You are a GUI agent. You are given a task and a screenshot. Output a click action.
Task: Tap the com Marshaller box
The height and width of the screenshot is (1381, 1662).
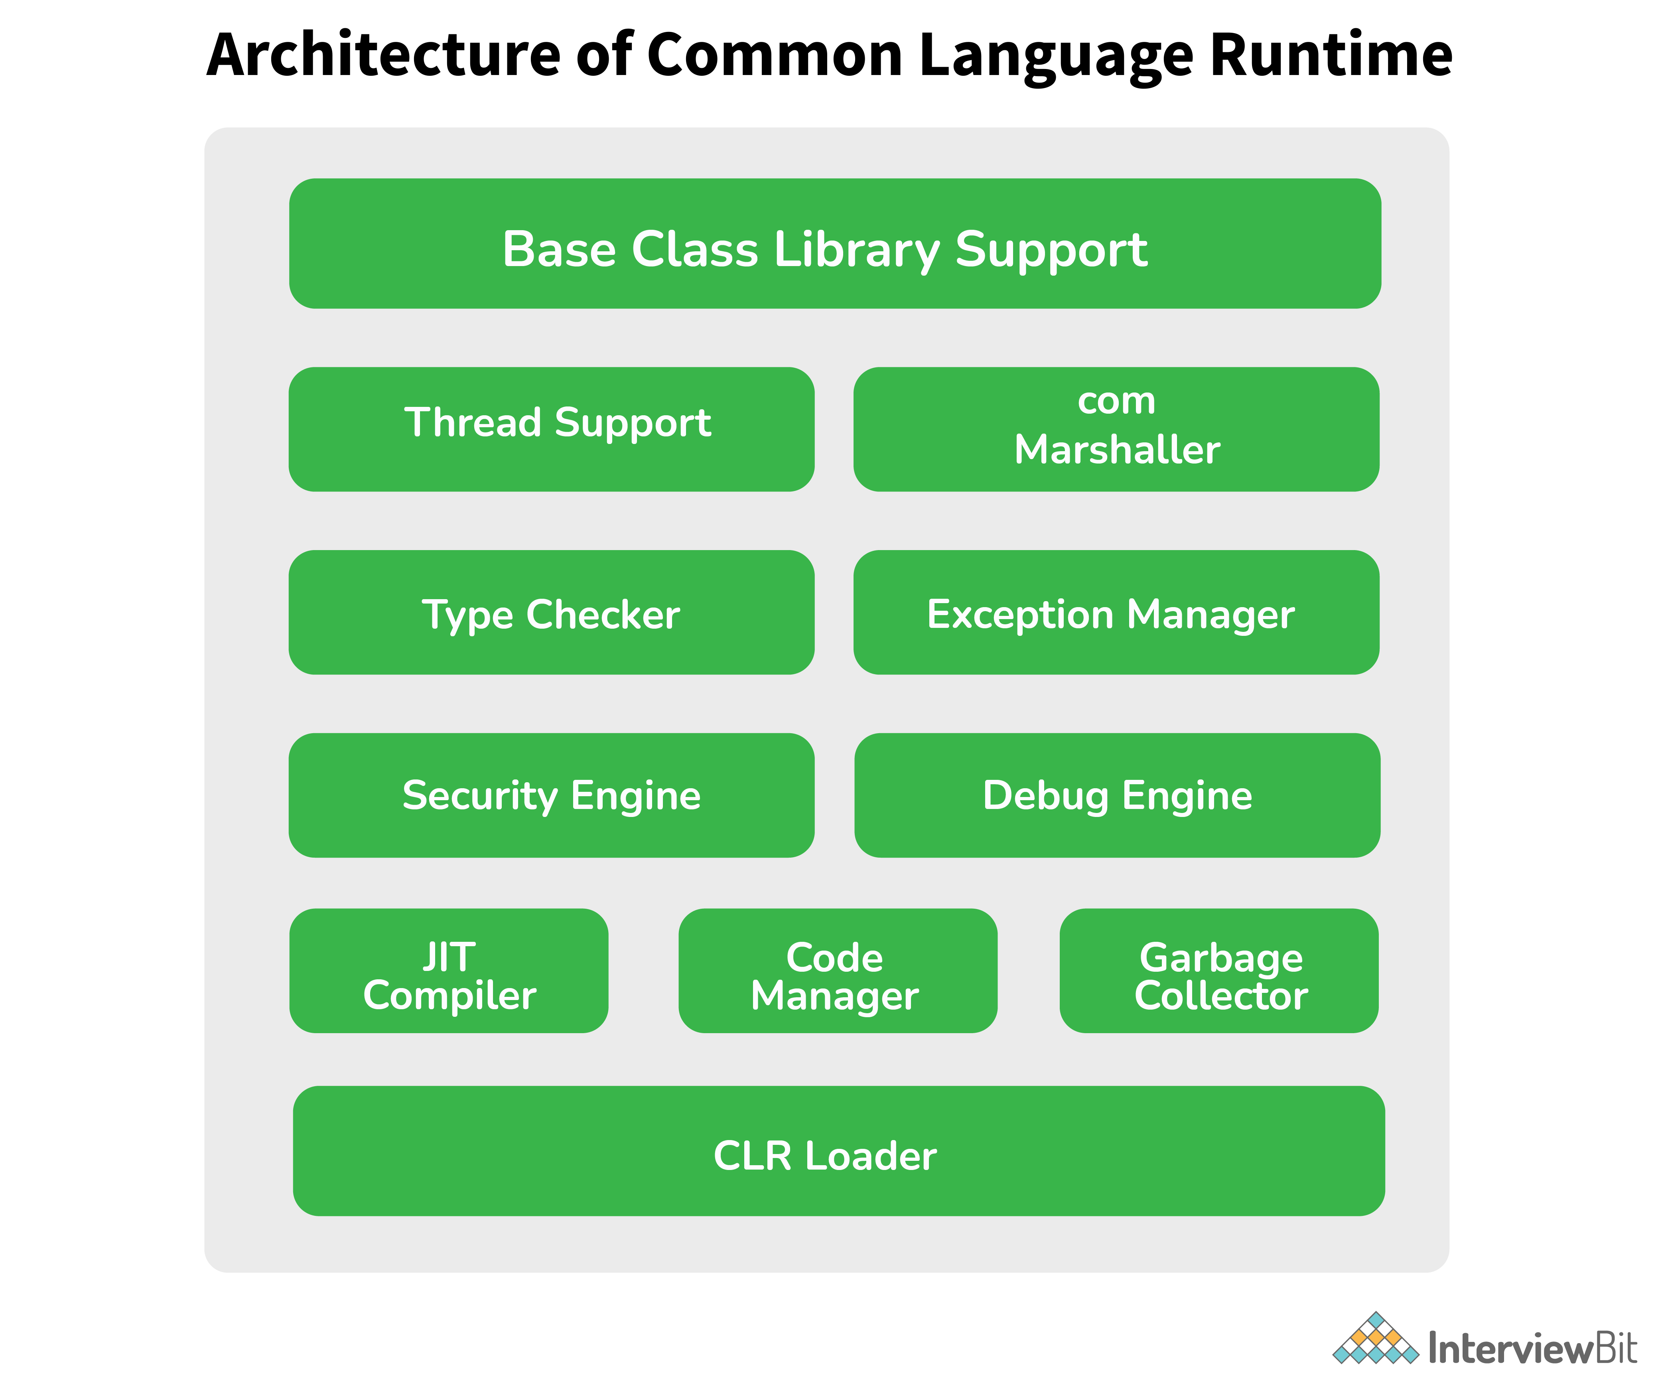tap(1116, 429)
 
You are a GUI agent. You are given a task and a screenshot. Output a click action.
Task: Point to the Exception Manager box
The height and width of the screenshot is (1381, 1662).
tap(1116, 613)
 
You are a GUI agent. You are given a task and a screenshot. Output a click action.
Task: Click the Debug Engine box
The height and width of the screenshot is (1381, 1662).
tap(1117, 795)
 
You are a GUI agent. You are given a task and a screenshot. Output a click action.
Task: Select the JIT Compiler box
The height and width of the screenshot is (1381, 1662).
tap(449, 970)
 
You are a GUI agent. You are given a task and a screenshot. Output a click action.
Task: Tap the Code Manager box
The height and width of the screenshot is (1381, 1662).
tap(837, 970)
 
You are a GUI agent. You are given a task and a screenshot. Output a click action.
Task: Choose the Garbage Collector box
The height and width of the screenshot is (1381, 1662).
tap(1219, 970)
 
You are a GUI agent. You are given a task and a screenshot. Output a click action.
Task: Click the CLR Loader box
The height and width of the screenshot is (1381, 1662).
tap(838, 1151)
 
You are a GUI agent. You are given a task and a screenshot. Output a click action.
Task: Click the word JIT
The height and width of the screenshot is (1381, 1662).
tap(449, 957)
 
